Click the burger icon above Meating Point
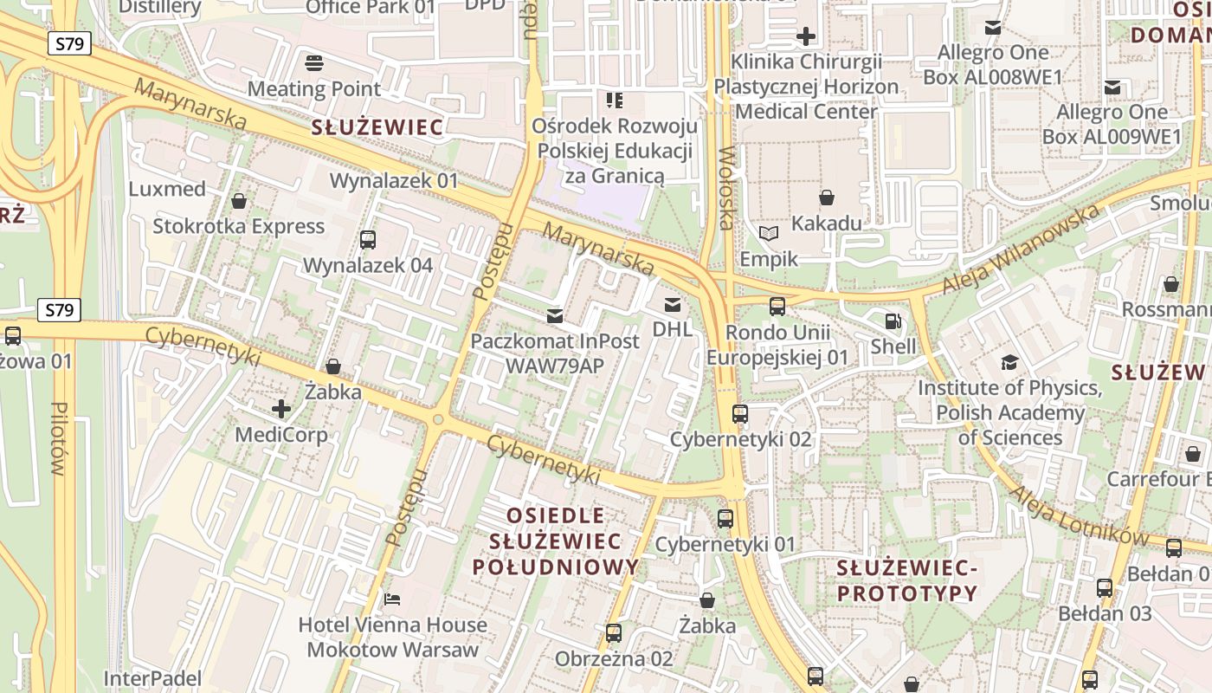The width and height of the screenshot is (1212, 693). point(314,62)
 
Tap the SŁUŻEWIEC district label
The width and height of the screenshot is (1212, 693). point(377,128)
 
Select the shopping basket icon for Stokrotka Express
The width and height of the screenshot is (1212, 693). point(239,201)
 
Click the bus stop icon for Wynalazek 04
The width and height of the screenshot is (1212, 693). point(368,240)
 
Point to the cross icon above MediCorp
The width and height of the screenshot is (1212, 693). point(281,408)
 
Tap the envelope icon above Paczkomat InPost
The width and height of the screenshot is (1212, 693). point(554,316)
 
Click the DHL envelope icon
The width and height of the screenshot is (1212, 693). point(672,304)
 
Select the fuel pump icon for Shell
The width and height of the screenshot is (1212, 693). point(893,321)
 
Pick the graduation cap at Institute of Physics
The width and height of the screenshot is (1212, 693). point(1009,362)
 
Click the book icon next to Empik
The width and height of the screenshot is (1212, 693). point(769,233)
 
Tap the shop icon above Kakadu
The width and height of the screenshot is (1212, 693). point(827,198)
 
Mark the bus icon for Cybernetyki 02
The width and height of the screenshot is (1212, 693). point(740,414)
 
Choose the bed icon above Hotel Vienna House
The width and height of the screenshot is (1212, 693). point(392,599)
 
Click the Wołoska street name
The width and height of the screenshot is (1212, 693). point(725,188)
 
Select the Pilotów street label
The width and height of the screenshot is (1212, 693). point(59,438)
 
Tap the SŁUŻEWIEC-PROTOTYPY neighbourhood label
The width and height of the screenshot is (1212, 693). point(906,581)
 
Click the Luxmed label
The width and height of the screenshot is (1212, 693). point(167,189)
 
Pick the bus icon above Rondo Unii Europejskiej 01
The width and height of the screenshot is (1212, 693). point(777,306)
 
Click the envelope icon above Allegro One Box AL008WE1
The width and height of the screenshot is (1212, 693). point(993,28)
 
